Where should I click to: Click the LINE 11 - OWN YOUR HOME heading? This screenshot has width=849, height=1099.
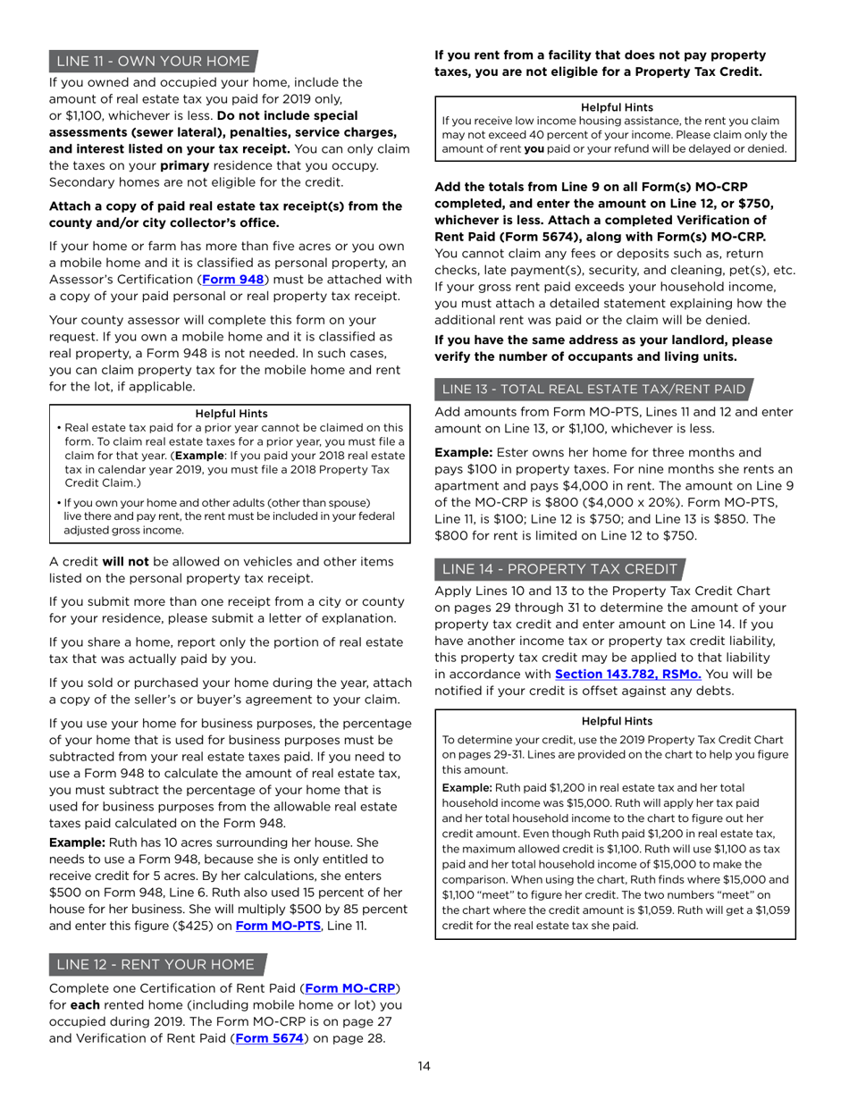coord(152,62)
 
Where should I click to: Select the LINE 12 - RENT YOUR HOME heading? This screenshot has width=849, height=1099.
coord(156,964)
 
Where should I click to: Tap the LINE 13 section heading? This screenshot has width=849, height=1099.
coord(593,389)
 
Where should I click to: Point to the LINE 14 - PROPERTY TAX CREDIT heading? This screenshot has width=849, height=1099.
coord(560,569)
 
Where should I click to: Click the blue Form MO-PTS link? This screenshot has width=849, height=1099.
coord(277,926)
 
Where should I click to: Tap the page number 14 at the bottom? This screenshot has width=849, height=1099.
coord(424,1066)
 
